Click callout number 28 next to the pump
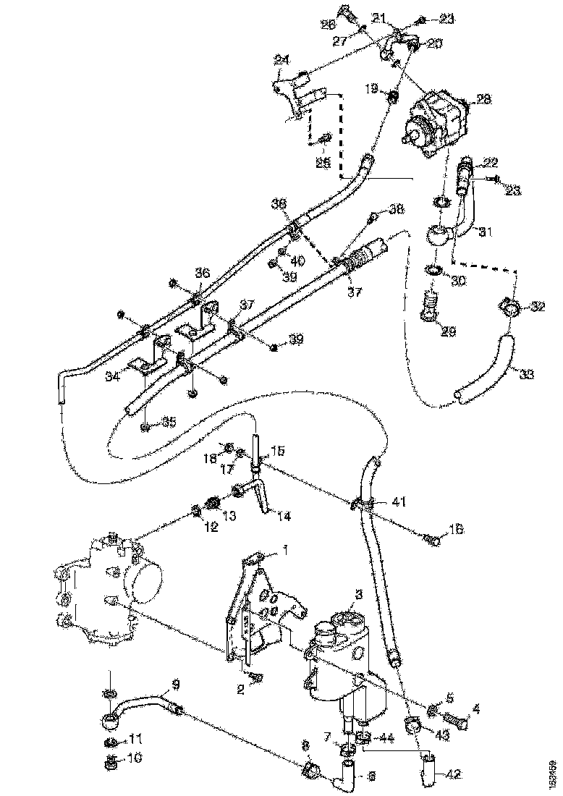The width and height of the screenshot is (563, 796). point(483,99)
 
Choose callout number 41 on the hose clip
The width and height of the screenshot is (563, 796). point(399,500)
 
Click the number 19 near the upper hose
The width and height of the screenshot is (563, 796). point(371,88)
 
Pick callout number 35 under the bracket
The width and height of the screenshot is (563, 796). point(169,422)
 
